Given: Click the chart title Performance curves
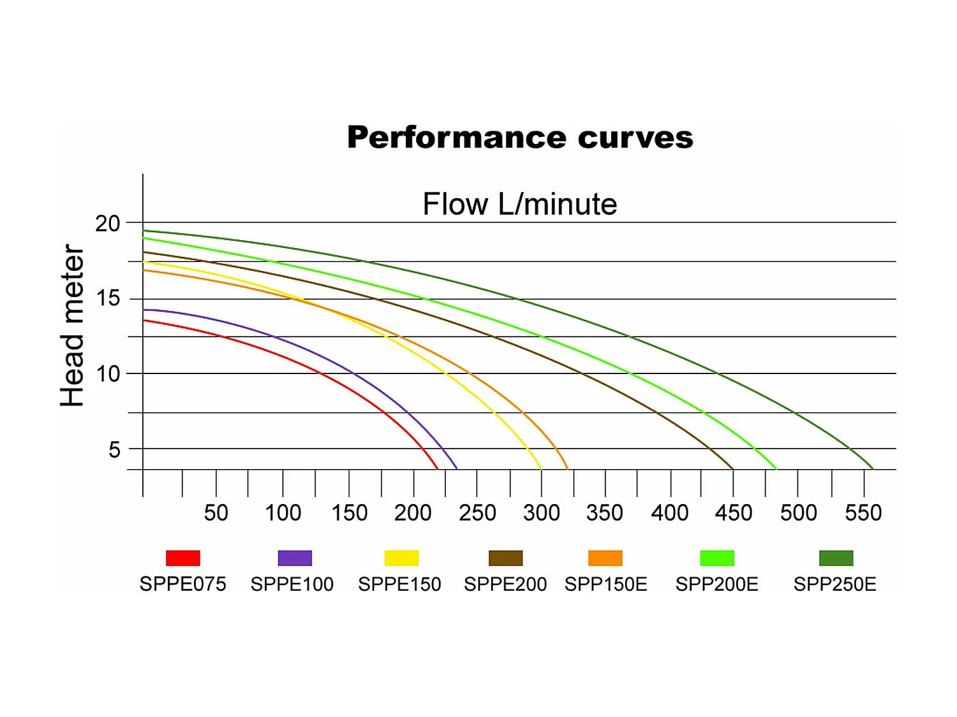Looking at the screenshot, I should [x=520, y=138].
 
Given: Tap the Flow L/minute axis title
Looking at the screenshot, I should [x=520, y=205].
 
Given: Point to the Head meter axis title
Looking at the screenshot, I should [x=72, y=325].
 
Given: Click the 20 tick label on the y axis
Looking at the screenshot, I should [x=107, y=224].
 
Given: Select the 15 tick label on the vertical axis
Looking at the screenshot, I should [x=107, y=298].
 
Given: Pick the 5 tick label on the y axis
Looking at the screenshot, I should [x=114, y=450].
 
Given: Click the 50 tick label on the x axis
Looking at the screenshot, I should [x=216, y=512].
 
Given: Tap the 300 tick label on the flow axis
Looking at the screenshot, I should [x=541, y=512].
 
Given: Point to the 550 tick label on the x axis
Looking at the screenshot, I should [x=863, y=512].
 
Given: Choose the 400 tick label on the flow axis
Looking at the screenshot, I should [x=669, y=512].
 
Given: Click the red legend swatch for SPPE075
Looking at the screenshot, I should [x=183, y=558].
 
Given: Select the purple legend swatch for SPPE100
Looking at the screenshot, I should [x=295, y=558].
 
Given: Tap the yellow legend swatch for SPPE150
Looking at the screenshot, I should [x=401, y=558].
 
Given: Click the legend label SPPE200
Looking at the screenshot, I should [x=505, y=584].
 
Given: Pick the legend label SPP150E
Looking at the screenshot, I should [x=605, y=584].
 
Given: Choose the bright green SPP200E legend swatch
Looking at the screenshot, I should [x=717, y=558].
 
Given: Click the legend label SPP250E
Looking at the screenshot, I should [x=835, y=584].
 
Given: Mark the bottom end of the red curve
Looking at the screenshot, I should [x=437, y=468].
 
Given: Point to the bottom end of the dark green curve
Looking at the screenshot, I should [x=872, y=468].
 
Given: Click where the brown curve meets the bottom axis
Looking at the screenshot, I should [x=732, y=468].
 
